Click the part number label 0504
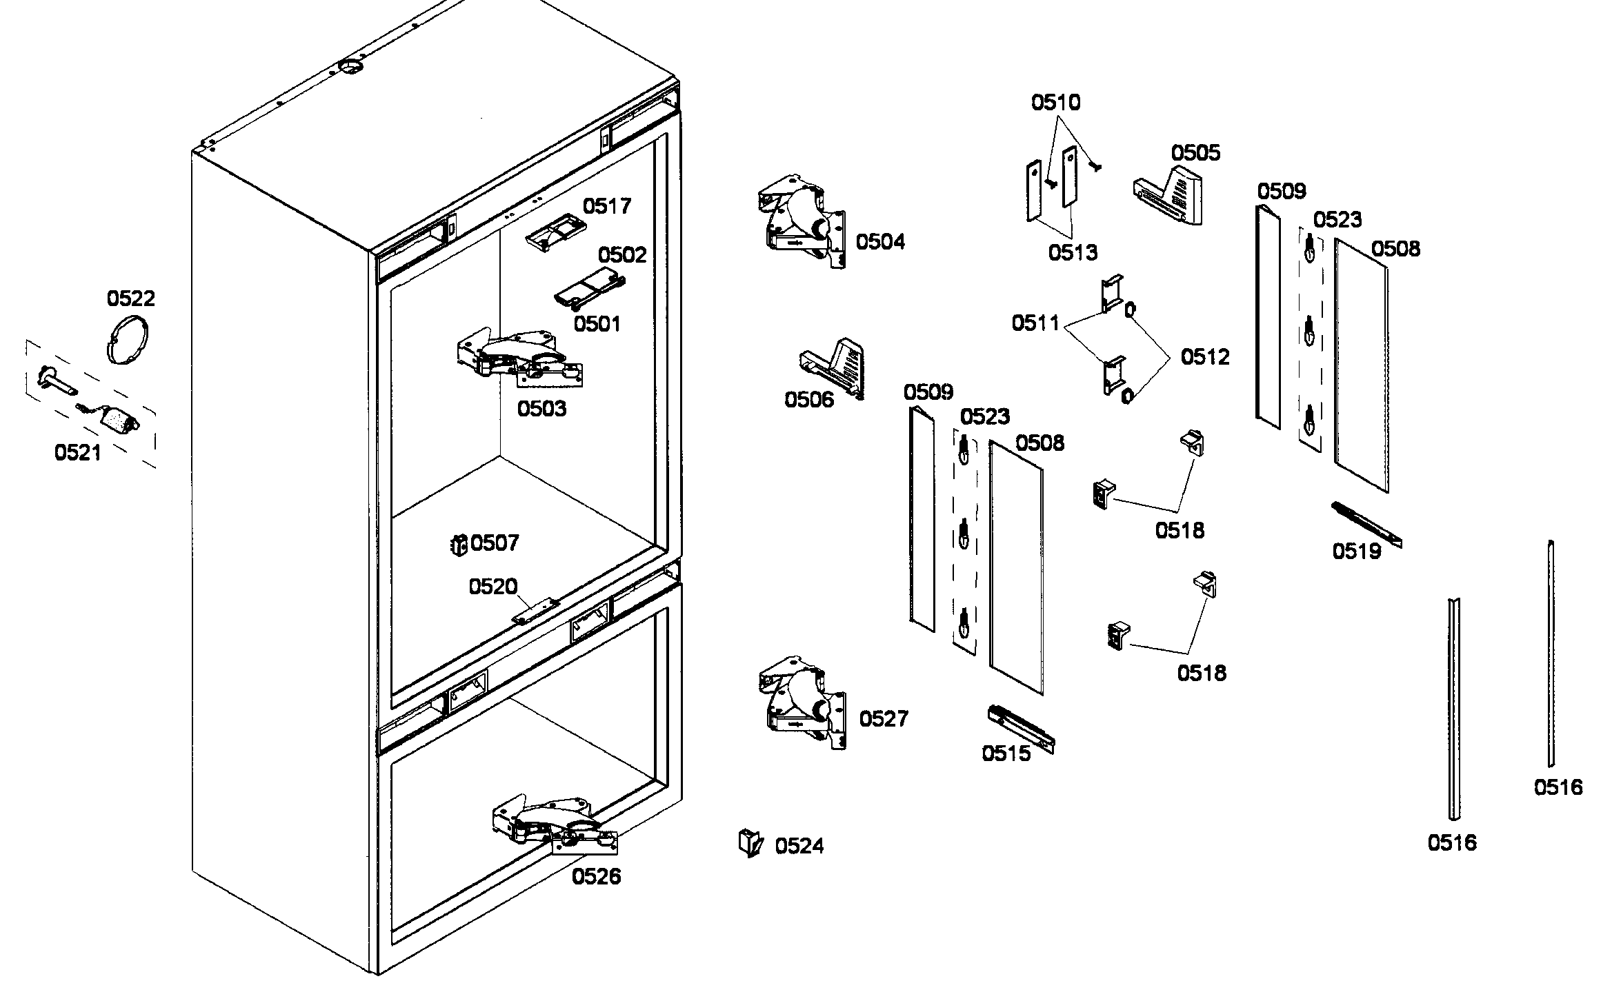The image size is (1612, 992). tap(880, 241)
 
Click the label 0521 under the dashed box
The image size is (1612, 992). tap(78, 452)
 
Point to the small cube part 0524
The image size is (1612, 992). tap(750, 842)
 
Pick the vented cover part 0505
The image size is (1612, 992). tap(1168, 195)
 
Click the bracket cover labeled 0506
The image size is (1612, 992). tap(833, 367)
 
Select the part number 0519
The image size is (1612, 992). tap(1357, 551)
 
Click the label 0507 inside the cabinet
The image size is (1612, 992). tap(495, 543)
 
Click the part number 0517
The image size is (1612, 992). tap(607, 205)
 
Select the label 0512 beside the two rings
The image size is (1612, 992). tap(1205, 356)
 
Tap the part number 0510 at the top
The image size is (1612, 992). tap(1055, 103)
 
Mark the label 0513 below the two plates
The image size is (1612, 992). tap(1073, 252)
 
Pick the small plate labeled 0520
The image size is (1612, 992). tap(535, 611)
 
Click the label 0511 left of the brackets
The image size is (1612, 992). tap(1035, 323)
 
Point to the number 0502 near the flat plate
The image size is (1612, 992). tap(622, 255)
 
